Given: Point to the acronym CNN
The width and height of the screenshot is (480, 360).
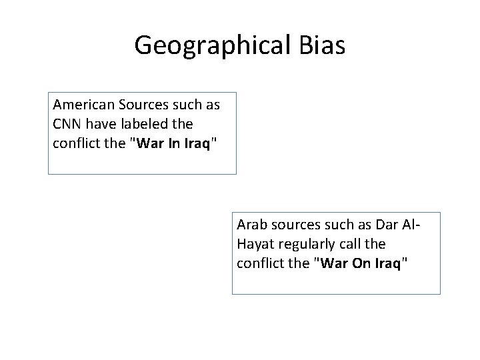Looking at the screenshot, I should (x=67, y=124).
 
